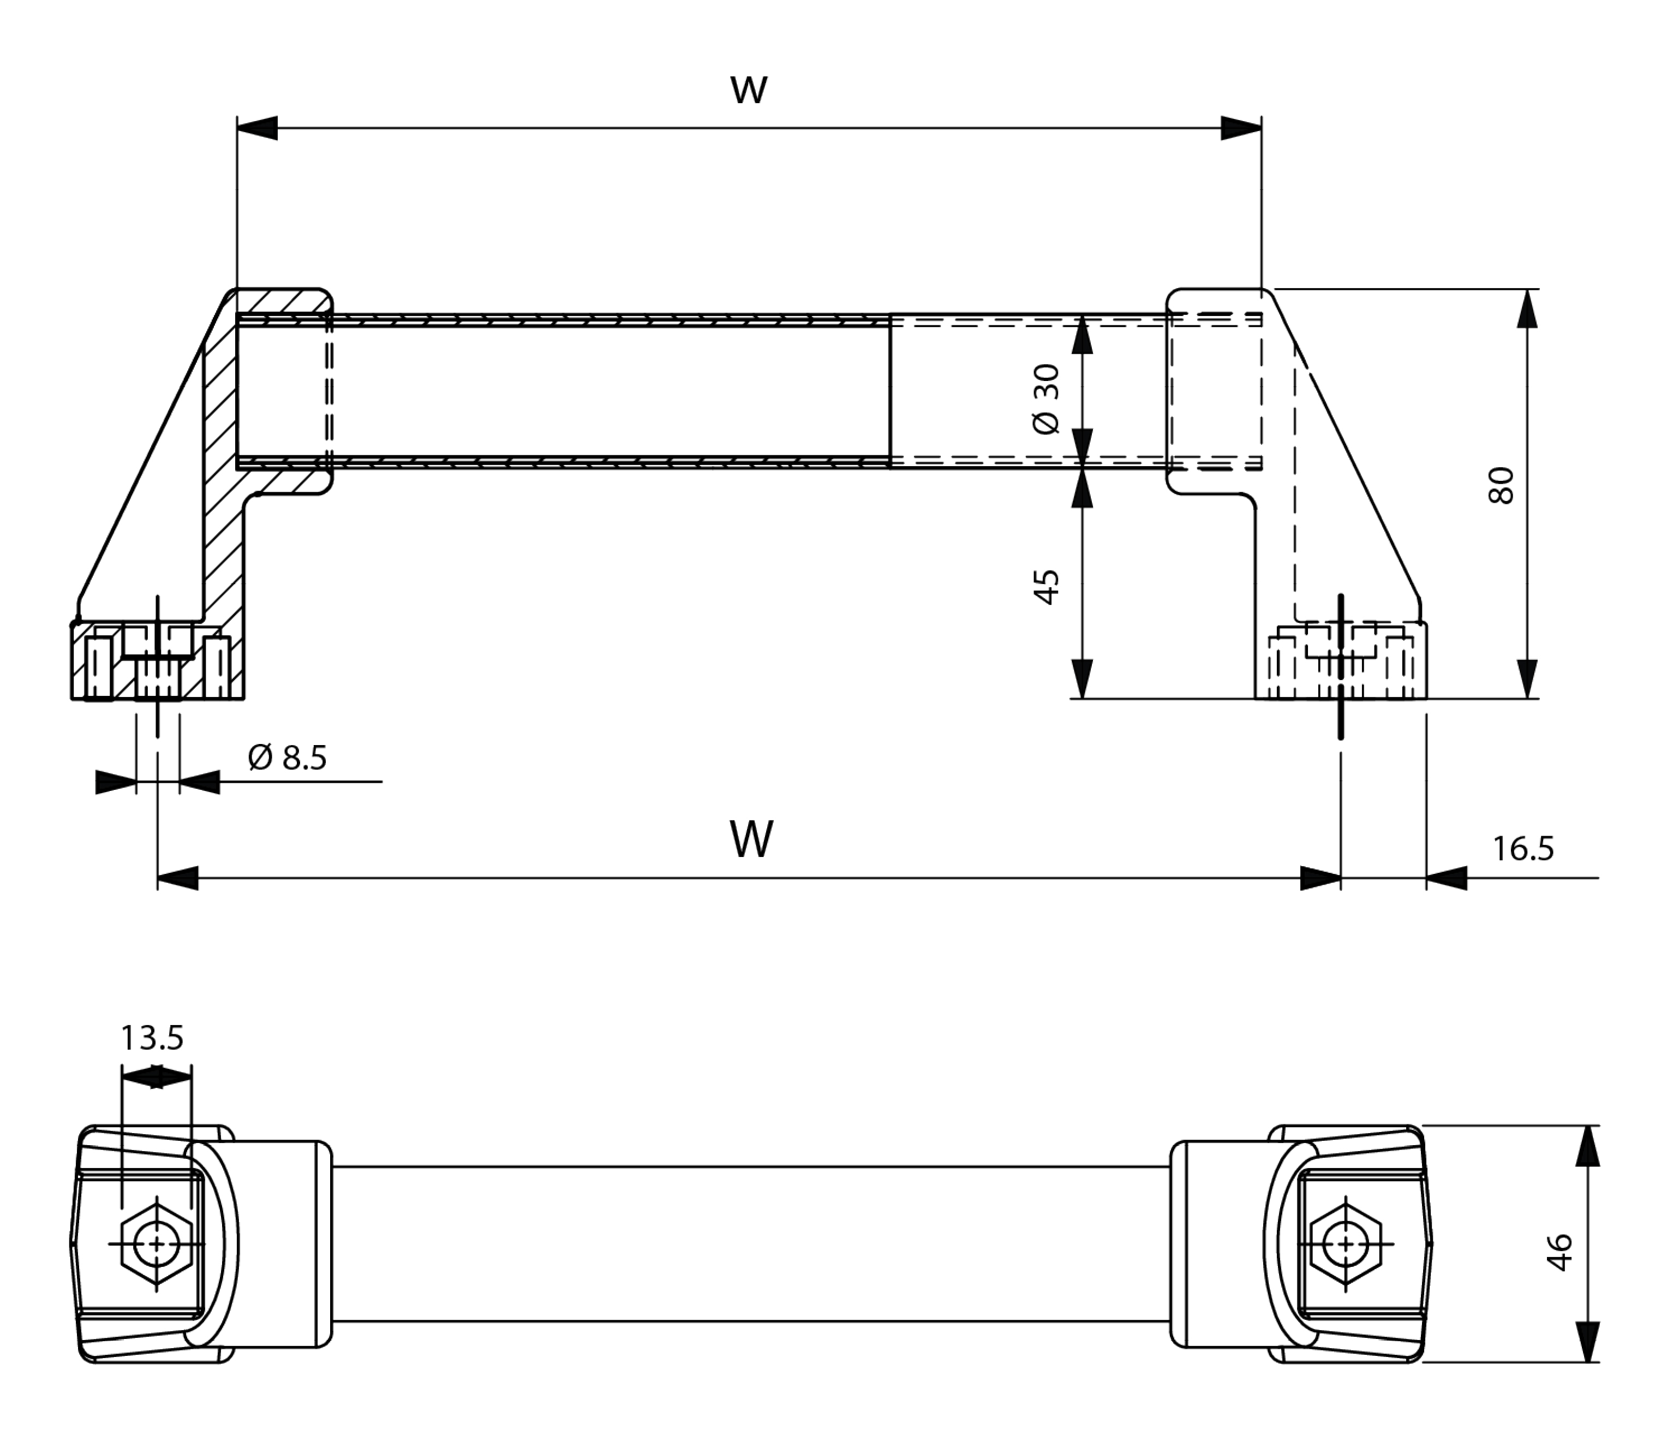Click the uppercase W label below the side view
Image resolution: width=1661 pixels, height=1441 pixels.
(x=752, y=839)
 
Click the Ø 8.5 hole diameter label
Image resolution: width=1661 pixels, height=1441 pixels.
(x=288, y=758)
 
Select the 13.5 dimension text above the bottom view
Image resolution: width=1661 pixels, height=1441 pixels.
(x=152, y=1038)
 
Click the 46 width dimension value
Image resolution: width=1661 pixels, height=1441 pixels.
(x=1559, y=1252)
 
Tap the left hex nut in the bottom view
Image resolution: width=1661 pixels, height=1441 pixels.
(x=157, y=1244)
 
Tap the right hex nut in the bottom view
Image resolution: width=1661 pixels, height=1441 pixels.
(x=1345, y=1244)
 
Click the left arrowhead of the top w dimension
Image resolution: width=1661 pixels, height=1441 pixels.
(x=257, y=128)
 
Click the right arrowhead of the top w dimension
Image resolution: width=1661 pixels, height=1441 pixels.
(x=1240, y=128)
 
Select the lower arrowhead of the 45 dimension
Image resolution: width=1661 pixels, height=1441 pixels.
(x=1083, y=678)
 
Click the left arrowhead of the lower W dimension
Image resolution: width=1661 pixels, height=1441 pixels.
(x=178, y=878)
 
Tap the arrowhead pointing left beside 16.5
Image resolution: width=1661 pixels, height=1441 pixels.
(x=1447, y=878)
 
